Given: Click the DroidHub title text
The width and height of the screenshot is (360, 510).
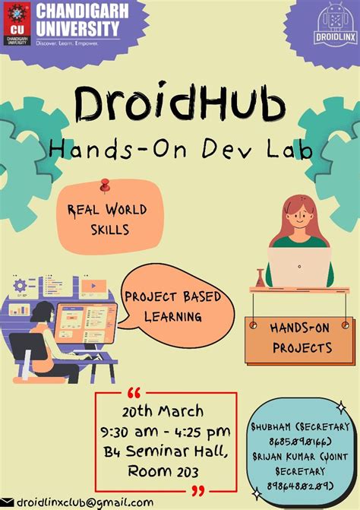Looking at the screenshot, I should [x=180, y=106].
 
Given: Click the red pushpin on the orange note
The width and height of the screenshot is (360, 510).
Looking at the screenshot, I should [x=105, y=185].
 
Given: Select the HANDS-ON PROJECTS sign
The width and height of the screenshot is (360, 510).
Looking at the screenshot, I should [x=301, y=338].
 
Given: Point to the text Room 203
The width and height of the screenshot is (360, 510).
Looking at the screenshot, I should [x=165, y=472].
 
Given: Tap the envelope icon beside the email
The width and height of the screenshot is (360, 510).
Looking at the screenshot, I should [x=8, y=502].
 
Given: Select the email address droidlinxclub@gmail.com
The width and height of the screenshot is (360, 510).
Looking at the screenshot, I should [x=85, y=502].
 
